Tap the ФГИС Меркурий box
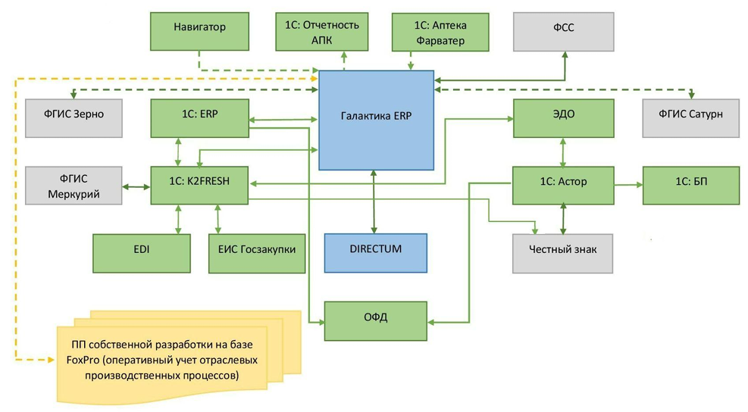[74, 186]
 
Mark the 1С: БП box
[690, 186]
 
